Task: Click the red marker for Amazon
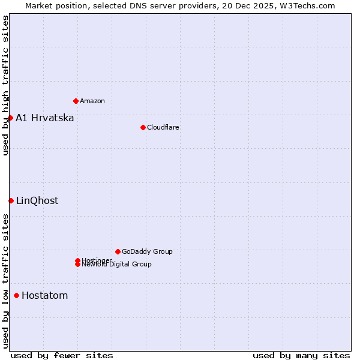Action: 76,101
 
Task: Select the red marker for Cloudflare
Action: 143,127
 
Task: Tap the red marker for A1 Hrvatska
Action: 10,118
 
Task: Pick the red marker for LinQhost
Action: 11,200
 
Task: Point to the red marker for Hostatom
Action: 16,295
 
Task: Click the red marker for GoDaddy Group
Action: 118,251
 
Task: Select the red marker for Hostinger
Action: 77,260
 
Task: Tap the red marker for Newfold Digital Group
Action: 77,265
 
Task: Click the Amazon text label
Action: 92,101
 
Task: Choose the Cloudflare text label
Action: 163,127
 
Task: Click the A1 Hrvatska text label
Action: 45,118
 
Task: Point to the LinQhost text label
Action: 37,200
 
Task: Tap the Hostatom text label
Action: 45,295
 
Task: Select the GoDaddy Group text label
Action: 147,251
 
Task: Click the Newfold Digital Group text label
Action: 117,265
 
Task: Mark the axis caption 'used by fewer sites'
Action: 62,355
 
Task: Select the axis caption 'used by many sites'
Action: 301,355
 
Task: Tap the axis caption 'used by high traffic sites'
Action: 5,85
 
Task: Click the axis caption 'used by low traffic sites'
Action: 5,281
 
